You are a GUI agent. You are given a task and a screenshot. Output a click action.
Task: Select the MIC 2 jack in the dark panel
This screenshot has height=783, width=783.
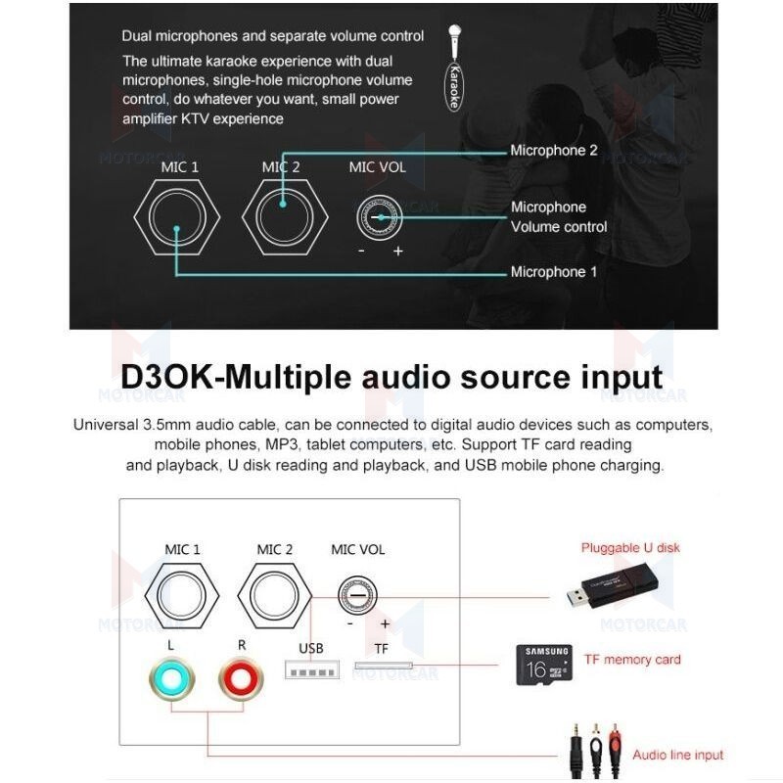tap(282, 214)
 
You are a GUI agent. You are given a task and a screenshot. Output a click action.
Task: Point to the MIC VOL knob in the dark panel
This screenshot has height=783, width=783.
tap(377, 214)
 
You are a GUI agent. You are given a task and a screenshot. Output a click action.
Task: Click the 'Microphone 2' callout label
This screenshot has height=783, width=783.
tap(553, 151)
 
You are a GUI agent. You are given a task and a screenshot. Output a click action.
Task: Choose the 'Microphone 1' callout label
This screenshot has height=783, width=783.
tap(553, 272)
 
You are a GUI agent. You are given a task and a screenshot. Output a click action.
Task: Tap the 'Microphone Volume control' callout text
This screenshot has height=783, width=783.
tap(558, 217)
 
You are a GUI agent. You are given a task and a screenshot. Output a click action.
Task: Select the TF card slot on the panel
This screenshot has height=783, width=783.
tap(383, 668)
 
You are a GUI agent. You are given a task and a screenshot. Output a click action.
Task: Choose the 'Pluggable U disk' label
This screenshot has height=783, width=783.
tap(629, 548)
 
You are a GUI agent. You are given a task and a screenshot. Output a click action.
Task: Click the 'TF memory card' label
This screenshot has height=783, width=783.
tap(631, 660)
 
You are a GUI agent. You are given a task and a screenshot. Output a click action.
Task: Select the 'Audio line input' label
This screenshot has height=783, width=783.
tap(677, 755)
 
